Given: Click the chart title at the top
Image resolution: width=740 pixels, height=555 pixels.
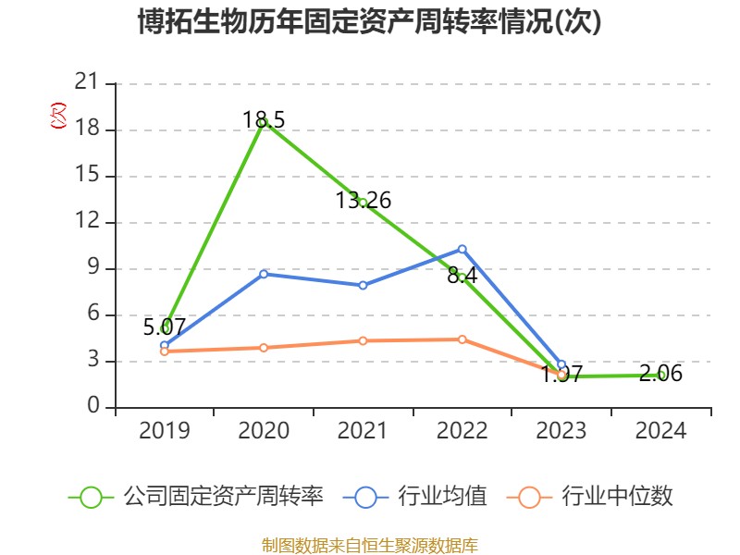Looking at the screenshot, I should point(370,21).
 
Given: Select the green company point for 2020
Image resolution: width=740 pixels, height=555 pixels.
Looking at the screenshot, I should point(264,122).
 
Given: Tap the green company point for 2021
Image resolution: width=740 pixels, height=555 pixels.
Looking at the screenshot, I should point(364,203).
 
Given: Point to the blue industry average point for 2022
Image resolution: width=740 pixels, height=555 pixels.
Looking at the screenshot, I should point(462,249).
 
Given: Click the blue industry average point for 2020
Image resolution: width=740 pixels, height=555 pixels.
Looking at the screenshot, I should point(264,274).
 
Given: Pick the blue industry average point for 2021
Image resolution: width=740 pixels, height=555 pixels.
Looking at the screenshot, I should point(364,285).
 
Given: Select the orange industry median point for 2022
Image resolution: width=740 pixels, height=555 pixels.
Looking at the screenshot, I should point(462,339).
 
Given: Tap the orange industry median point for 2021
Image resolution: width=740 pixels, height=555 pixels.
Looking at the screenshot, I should point(364,340).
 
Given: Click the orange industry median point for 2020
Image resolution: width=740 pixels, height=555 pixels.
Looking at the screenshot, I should point(264,348).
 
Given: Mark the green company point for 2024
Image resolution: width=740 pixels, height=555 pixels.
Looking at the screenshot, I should point(660,375).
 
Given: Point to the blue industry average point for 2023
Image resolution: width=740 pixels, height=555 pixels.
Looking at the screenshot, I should point(561,364).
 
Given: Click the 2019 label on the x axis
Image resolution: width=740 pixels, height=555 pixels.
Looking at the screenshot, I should point(164,431).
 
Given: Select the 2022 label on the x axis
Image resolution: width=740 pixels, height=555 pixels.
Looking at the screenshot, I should point(462,431).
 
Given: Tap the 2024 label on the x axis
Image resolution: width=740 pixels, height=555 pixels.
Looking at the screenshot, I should point(660,431).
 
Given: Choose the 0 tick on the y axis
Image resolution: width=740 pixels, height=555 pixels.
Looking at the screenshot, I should point(93,407).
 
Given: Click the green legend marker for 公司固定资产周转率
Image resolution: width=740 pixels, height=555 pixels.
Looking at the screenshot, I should point(91,497).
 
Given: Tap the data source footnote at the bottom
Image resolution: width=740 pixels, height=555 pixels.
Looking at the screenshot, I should point(370,545).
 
